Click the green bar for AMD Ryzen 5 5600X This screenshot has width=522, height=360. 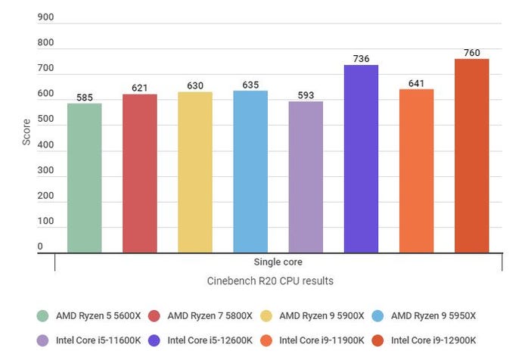[84, 178]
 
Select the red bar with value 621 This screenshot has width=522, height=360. [139, 173]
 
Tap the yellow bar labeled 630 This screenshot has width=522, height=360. [194, 172]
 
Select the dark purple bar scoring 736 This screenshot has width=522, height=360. [361, 158]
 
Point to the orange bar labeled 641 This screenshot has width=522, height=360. [416, 170]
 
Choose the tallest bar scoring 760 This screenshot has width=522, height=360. [471, 155]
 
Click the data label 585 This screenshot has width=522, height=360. [84, 98]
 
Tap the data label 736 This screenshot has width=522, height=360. [361, 59]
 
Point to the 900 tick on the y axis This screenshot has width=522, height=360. [45, 18]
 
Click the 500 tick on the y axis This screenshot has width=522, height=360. [45, 120]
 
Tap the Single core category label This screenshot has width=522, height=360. [278, 262]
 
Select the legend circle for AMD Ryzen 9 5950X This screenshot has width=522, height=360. [381, 316]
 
